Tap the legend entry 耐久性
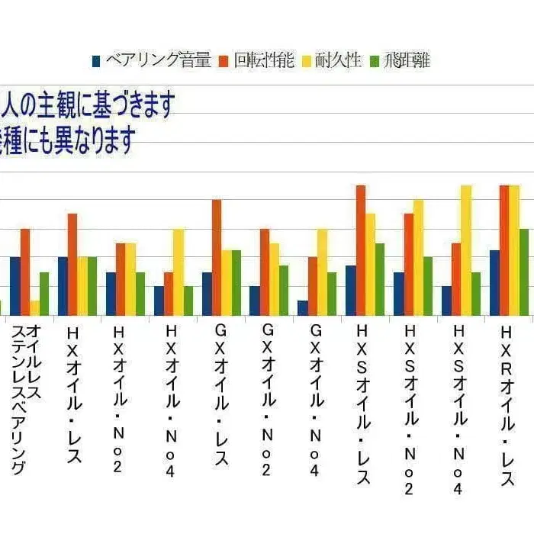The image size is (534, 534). click(335, 61)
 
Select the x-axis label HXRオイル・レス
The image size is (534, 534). click(507, 397)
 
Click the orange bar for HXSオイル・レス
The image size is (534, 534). click(360, 250)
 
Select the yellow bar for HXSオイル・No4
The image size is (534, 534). click(466, 250)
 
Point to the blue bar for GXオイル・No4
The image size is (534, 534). click(303, 308)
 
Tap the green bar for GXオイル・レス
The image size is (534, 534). click(236, 282)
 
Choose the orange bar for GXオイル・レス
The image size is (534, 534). click(217, 257)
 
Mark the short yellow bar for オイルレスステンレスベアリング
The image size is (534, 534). click(35, 308)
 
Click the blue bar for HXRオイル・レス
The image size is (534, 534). click(494, 282)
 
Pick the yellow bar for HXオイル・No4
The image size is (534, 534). click(179, 272)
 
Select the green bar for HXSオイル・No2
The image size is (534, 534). click(428, 286)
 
